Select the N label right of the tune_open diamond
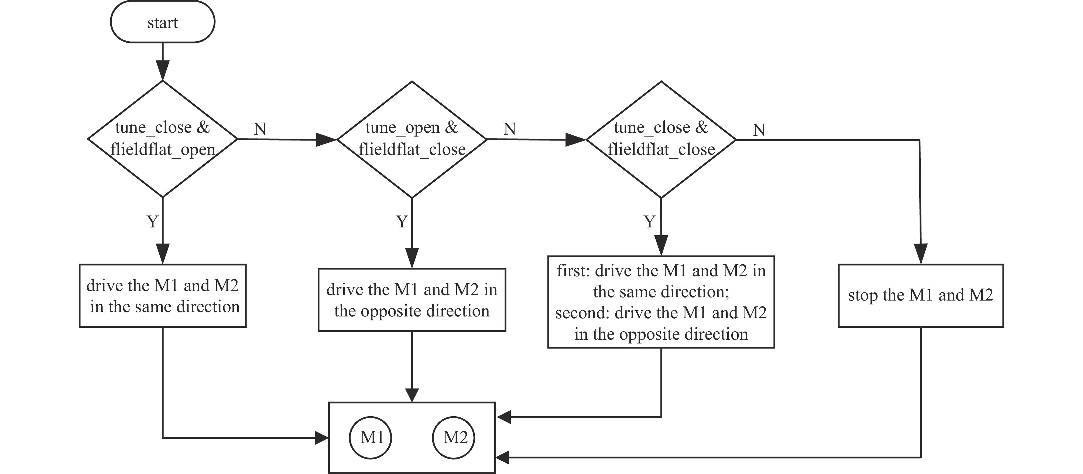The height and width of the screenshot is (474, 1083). tap(510, 129)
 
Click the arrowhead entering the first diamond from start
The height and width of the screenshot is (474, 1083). tap(163, 70)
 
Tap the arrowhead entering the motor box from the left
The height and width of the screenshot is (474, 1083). tap(322, 438)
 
